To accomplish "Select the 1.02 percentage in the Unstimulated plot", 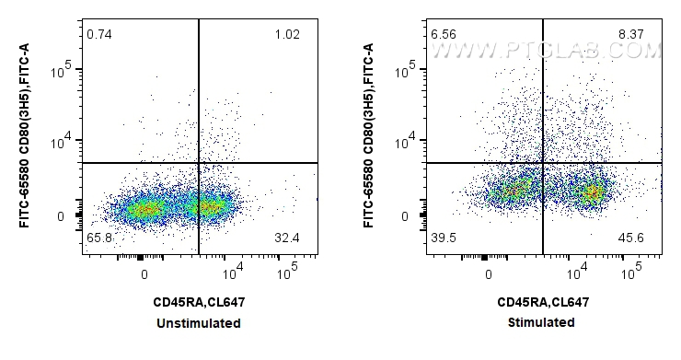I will click(x=287, y=34).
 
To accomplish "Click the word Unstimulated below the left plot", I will click(x=199, y=323).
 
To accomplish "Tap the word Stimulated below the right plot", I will click(x=543, y=322).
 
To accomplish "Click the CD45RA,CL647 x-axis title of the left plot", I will click(x=199, y=302).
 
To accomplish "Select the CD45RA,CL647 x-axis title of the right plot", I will click(x=543, y=302).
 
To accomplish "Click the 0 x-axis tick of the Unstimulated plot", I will click(x=144, y=273).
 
